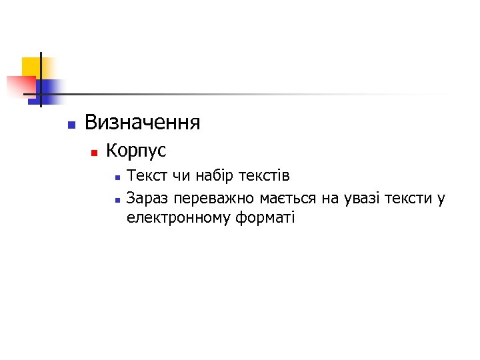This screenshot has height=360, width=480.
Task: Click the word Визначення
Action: coord(142,123)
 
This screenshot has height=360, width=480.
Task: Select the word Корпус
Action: coord(136,151)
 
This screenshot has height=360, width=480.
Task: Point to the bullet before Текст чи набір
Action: coord(116,178)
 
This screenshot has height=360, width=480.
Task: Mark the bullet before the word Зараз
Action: coord(116,199)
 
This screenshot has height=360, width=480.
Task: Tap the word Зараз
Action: coord(147,198)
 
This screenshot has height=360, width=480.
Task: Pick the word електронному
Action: coord(179,217)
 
